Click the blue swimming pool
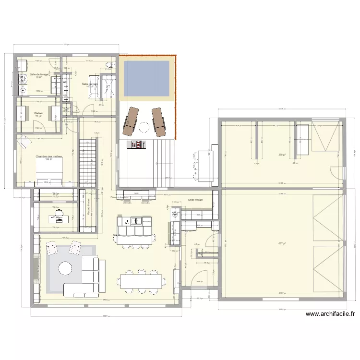click(x=147, y=77)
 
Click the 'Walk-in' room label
click(x=38, y=113)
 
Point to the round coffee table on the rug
click(x=65, y=268)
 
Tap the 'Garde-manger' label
click(x=196, y=199)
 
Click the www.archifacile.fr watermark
click(x=330, y=315)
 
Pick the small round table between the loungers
click(x=143, y=127)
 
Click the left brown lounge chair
click(x=130, y=120)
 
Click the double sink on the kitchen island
click(x=126, y=221)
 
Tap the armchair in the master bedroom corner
click(x=23, y=143)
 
